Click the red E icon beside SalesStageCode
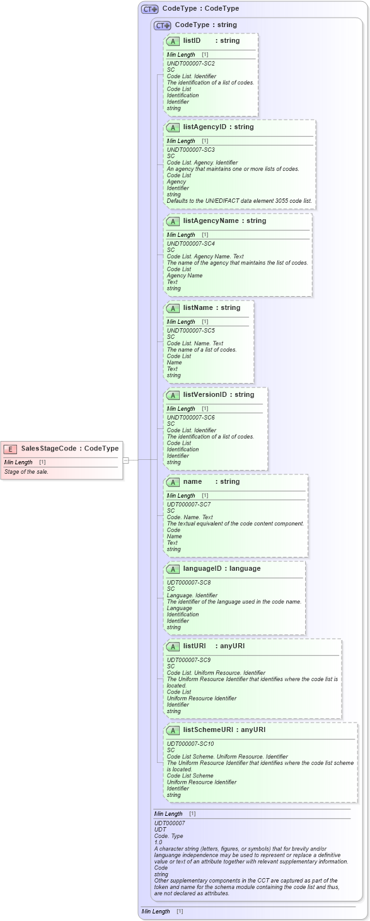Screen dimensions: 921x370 coord(10,449)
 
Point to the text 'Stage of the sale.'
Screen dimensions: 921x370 coord(26,471)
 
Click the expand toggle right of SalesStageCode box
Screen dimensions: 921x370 coord(126,460)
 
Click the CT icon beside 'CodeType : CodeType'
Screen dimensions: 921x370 coord(149,9)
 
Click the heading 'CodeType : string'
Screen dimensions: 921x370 coord(205,25)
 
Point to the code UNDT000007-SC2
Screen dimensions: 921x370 coord(190,64)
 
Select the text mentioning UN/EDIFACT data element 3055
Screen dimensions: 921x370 coord(239,200)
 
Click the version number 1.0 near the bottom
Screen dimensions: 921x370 coord(158,842)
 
